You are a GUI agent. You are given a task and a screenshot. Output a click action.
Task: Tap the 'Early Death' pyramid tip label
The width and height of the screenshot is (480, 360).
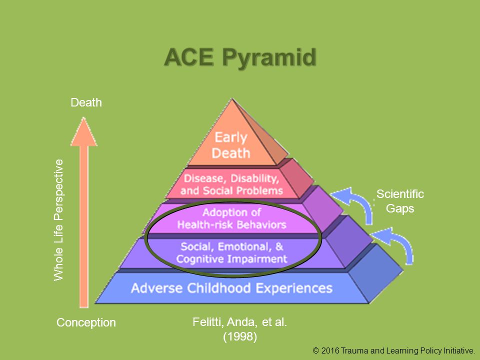pos(231,145)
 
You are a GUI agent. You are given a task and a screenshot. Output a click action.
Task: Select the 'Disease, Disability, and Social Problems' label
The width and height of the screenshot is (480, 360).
pos(231,184)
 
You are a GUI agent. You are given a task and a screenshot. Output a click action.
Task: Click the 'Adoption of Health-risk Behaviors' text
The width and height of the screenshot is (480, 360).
pos(231,218)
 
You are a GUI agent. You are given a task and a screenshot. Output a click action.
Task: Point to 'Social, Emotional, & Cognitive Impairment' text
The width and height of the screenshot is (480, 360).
pos(231,253)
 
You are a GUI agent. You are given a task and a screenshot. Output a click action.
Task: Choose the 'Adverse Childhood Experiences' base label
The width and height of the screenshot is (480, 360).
pos(231,288)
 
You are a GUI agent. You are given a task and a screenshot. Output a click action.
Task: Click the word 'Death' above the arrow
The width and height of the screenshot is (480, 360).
pos(86,102)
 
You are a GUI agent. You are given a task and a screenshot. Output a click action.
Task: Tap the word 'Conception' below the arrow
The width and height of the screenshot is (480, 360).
pos(86,322)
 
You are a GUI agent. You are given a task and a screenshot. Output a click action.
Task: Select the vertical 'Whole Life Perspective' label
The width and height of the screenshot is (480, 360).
pos(58,220)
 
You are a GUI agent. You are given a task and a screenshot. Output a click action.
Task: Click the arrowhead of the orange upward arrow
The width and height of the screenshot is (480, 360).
pos(83,131)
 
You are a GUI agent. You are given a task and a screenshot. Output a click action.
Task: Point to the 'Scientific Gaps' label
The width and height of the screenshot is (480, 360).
pos(400,201)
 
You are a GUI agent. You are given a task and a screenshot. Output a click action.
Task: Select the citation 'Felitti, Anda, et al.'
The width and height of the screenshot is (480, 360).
pos(239,322)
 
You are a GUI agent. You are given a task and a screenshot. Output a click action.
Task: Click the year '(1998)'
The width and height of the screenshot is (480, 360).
pos(240,336)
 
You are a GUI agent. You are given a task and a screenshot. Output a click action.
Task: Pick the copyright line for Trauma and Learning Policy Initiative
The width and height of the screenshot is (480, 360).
pos(393,351)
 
